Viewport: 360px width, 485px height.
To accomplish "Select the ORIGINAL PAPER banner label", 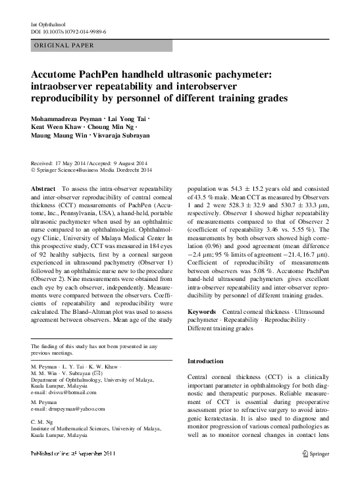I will coord(63,45).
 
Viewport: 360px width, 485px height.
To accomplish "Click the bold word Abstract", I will coord(44,188).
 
